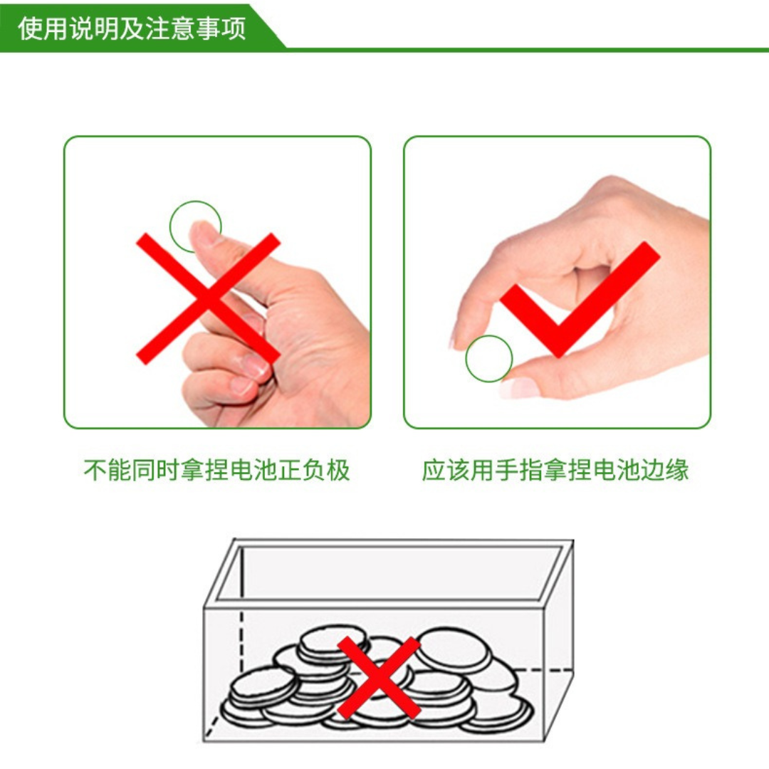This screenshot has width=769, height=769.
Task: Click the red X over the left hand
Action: coord(208,298)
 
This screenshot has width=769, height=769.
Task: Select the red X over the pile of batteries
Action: coord(379,677)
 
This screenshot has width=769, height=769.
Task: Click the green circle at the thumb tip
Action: coord(195,226)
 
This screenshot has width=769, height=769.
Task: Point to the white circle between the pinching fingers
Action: coord(489,359)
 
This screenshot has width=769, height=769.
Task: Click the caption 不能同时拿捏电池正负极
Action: coord(217,471)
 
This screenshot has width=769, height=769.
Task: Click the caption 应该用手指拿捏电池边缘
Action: coord(555,471)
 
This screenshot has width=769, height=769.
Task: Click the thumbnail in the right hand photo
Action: coord(520,388)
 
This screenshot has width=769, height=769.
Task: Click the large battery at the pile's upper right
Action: coord(453,647)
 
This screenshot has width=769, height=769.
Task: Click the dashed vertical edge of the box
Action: coord(241,641)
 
